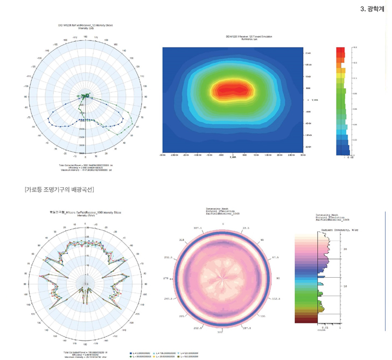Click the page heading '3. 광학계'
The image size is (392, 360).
(x=372, y=9)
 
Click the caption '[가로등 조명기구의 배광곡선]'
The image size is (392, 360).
(x=59, y=189)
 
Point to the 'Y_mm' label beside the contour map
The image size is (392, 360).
(x=311, y=100)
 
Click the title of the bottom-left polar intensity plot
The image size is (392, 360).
(x=86, y=213)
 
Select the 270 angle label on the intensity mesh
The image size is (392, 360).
(x=166, y=278)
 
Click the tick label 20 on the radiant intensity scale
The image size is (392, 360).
(x=346, y=249)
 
